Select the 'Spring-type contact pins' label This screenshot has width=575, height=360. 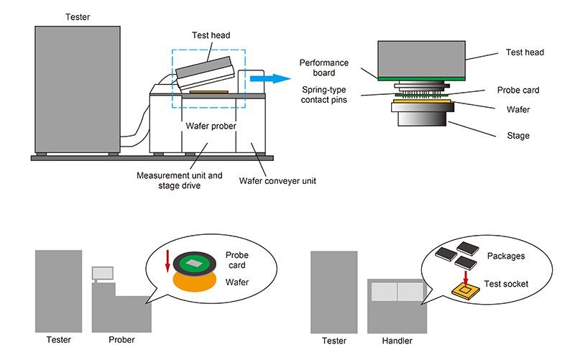pos(324,95)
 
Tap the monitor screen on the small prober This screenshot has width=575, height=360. pos(103,272)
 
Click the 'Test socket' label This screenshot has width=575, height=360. pos(507,284)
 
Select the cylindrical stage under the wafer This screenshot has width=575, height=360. pos(420,120)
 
